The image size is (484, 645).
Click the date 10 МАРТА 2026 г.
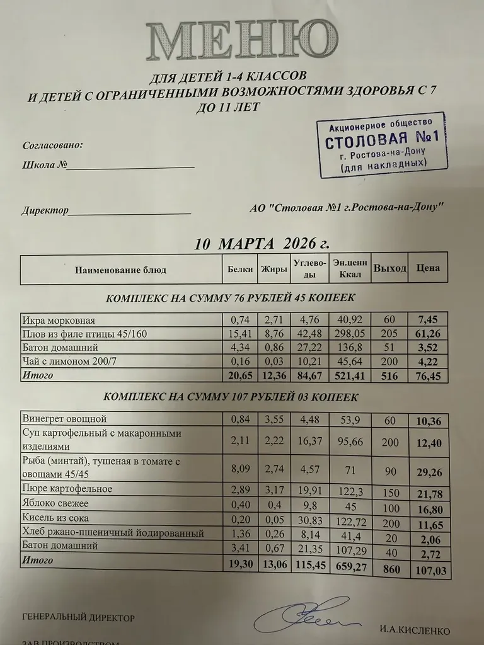[262, 244]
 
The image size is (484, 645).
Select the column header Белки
[239, 270]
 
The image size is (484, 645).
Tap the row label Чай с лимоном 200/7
[67, 361]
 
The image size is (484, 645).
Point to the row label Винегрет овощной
[64, 419]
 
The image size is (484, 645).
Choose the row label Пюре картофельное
[67, 489]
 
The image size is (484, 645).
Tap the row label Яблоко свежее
[55, 504]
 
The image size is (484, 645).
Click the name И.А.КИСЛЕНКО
[415, 629]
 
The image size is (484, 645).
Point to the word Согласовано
[52, 145]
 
